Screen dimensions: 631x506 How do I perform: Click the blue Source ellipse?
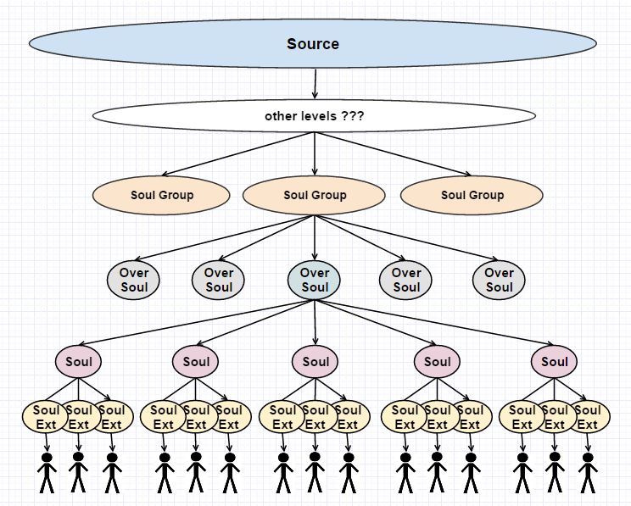[x=313, y=43]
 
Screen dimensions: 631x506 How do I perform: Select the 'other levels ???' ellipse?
[x=314, y=116]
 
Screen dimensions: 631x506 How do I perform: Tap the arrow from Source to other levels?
[x=315, y=84]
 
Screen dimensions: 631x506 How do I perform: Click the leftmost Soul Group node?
[x=161, y=195]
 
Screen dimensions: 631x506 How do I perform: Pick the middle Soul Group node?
[x=314, y=195]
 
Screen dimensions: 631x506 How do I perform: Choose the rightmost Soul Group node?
[x=472, y=195]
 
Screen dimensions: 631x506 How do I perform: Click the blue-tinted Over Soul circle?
[x=314, y=280]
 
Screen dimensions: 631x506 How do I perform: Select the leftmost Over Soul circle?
[x=133, y=280]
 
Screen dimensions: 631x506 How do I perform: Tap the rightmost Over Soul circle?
[x=499, y=280]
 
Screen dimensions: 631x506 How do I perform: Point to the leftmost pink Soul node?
[x=79, y=362]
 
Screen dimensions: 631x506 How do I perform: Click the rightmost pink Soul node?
[x=554, y=362]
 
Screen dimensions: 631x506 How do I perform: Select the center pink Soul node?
[x=315, y=362]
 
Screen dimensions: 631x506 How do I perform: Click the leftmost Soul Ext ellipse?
[x=45, y=417]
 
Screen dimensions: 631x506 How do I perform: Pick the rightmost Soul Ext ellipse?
[x=587, y=417]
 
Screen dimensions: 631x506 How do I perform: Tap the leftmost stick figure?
[x=47, y=473]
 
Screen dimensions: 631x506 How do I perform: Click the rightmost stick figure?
[x=588, y=473]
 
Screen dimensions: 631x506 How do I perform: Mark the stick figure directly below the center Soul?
[x=315, y=472]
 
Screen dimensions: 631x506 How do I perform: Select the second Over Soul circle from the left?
[x=218, y=280]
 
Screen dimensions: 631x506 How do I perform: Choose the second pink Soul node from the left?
[x=196, y=362]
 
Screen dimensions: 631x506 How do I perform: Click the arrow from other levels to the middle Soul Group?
[x=315, y=154]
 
